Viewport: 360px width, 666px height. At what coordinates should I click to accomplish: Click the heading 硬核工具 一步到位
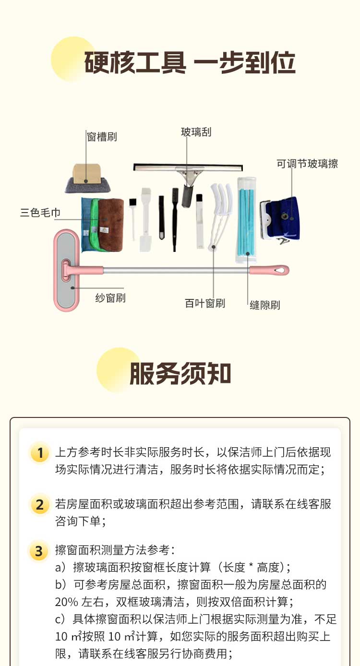click(190, 63)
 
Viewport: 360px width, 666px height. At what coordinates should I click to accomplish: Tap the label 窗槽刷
click(102, 137)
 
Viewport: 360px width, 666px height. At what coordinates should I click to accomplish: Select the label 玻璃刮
click(196, 132)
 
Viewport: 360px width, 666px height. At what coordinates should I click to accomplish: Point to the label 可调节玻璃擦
click(307, 164)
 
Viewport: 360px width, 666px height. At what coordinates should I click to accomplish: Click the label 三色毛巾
click(40, 213)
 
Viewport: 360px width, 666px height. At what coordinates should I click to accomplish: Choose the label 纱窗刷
click(110, 298)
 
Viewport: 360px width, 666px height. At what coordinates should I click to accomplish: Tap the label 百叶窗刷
click(205, 303)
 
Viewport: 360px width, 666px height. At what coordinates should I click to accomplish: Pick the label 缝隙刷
click(265, 305)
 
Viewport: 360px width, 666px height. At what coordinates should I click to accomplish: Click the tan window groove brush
click(88, 178)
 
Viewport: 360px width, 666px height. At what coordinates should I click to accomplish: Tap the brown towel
click(111, 225)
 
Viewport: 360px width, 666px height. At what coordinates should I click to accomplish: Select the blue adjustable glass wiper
click(280, 219)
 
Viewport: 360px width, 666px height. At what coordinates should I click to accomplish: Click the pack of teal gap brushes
click(246, 220)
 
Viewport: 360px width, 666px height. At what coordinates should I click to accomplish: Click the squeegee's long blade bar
click(188, 167)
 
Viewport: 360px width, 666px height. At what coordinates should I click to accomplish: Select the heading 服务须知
click(180, 373)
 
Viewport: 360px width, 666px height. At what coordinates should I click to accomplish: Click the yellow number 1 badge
click(40, 453)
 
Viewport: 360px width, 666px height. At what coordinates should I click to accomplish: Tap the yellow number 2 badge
click(40, 505)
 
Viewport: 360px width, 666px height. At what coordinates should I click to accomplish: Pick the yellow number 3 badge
click(39, 551)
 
